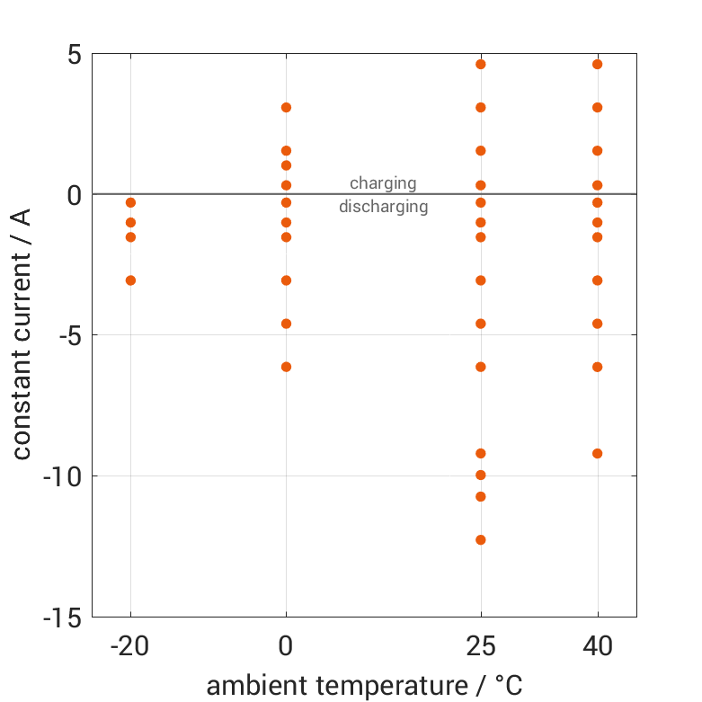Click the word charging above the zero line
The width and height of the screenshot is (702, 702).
click(383, 183)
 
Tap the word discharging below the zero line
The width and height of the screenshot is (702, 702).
click(383, 207)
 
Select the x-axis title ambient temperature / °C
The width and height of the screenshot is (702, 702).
click(364, 686)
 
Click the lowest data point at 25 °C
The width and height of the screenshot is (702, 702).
click(481, 540)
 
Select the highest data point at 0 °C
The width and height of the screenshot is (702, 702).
click(286, 107)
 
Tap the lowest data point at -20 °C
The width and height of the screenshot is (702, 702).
click(130, 280)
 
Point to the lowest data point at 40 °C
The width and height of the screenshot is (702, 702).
click(598, 453)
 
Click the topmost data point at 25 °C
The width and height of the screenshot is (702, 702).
click(481, 64)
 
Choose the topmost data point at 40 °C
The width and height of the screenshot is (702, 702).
click(598, 64)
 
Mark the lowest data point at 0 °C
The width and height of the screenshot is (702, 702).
click(286, 367)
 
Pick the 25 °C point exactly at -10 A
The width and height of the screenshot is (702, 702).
click(481, 475)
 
